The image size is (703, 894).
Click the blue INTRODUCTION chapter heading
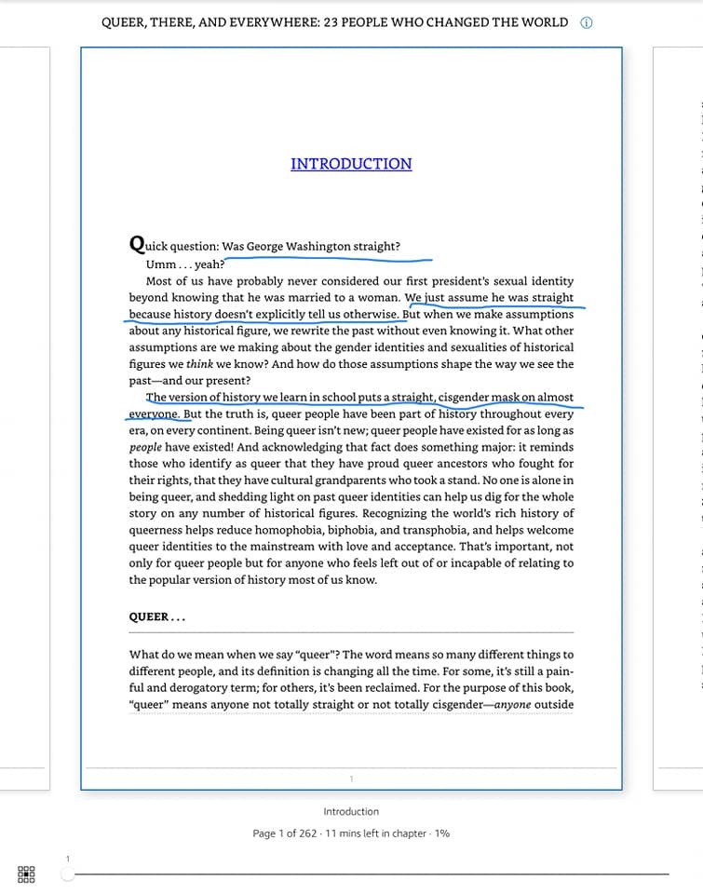click(x=351, y=164)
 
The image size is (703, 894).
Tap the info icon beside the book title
click(x=587, y=23)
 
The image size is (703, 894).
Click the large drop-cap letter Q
click(x=137, y=244)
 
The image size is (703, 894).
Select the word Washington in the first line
click(x=318, y=247)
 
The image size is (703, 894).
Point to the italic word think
click(x=199, y=364)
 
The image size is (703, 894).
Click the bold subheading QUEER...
click(x=149, y=616)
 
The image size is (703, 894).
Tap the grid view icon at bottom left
click(x=26, y=874)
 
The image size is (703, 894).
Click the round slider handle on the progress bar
click(x=67, y=874)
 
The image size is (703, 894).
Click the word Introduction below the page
click(x=351, y=811)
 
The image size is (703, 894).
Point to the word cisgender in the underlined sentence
click(x=464, y=398)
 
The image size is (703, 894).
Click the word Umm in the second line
click(x=161, y=264)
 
